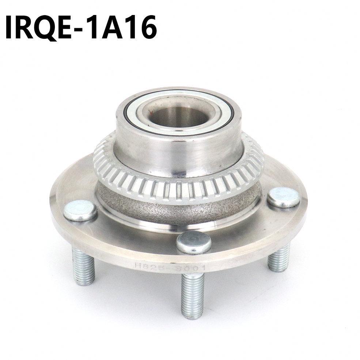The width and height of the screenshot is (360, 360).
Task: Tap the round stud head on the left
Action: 80,212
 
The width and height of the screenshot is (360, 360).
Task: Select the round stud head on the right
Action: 283,198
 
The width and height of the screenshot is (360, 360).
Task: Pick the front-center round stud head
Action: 193,242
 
